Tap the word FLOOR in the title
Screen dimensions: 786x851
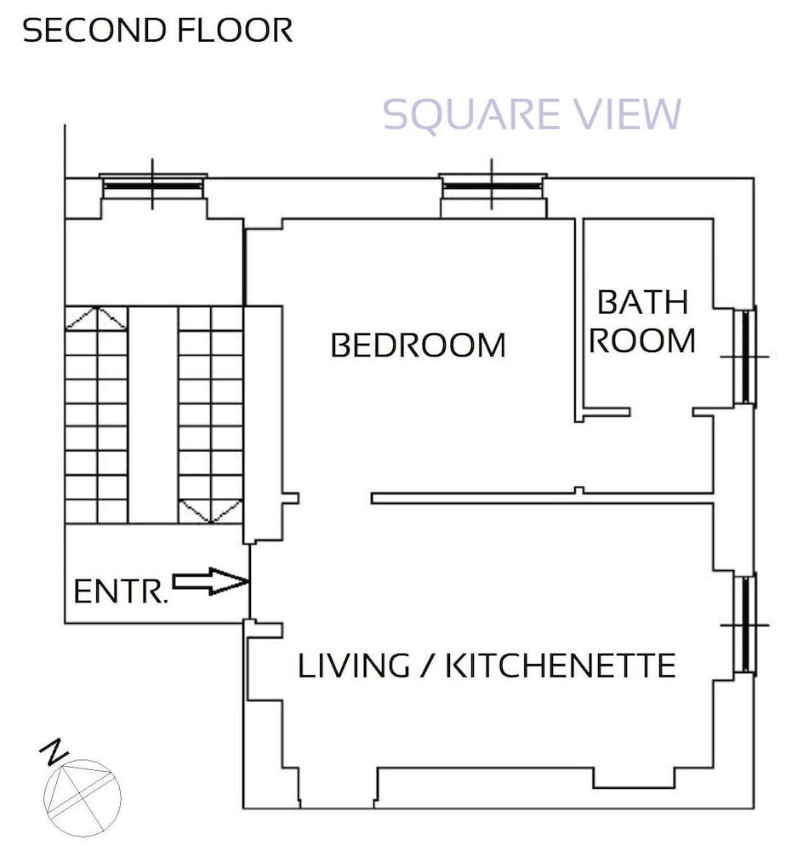click(x=236, y=31)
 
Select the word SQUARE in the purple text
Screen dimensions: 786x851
click(x=471, y=115)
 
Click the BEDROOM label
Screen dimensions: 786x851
click(x=419, y=346)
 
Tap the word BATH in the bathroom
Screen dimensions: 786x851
click(x=643, y=302)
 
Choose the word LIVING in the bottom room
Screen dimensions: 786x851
click(x=354, y=665)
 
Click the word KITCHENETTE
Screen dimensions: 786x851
click(x=561, y=665)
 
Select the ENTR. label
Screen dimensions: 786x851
click(x=121, y=591)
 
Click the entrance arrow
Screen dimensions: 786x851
click(x=210, y=581)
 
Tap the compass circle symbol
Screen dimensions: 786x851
click(x=83, y=798)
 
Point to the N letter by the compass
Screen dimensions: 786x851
click(x=54, y=751)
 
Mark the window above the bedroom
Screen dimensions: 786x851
click(x=493, y=185)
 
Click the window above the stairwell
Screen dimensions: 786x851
click(x=152, y=185)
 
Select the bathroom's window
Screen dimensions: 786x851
click(x=746, y=357)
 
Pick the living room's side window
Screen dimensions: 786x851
click(x=746, y=625)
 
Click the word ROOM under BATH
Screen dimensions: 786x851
click(x=642, y=341)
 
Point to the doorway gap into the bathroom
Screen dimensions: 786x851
click(x=662, y=413)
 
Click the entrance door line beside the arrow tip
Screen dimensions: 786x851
click(x=249, y=582)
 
